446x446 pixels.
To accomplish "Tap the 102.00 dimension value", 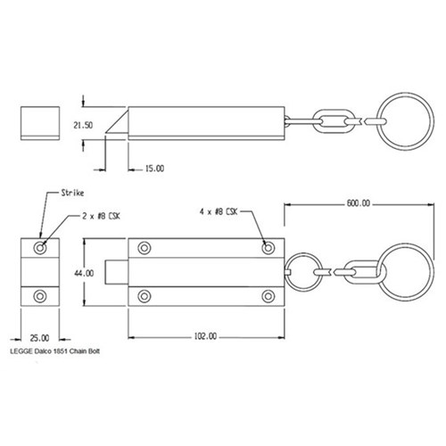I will point(204,336).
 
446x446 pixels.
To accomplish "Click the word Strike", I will point(70,193).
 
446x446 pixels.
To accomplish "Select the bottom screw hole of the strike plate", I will point(38,295).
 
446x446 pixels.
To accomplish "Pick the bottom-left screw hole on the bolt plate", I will point(143,295).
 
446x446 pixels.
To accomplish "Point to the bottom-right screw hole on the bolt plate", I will point(267,295).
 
